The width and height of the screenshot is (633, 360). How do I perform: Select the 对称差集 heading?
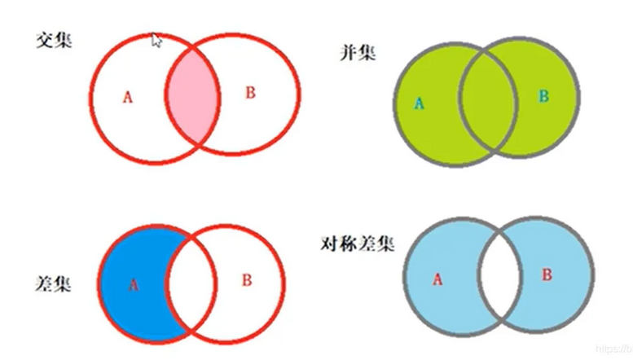[x=358, y=243]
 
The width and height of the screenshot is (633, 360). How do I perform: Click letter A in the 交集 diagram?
[x=127, y=97]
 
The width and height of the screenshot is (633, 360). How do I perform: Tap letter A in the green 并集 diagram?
[x=420, y=103]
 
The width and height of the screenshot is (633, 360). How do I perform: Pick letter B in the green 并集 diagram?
[x=543, y=96]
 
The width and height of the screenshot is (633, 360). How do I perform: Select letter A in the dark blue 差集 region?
[x=134, y=284]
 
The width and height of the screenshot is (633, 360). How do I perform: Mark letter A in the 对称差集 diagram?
[x=437, y=279]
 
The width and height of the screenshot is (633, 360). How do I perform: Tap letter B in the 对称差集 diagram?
[x=547, y=274]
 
